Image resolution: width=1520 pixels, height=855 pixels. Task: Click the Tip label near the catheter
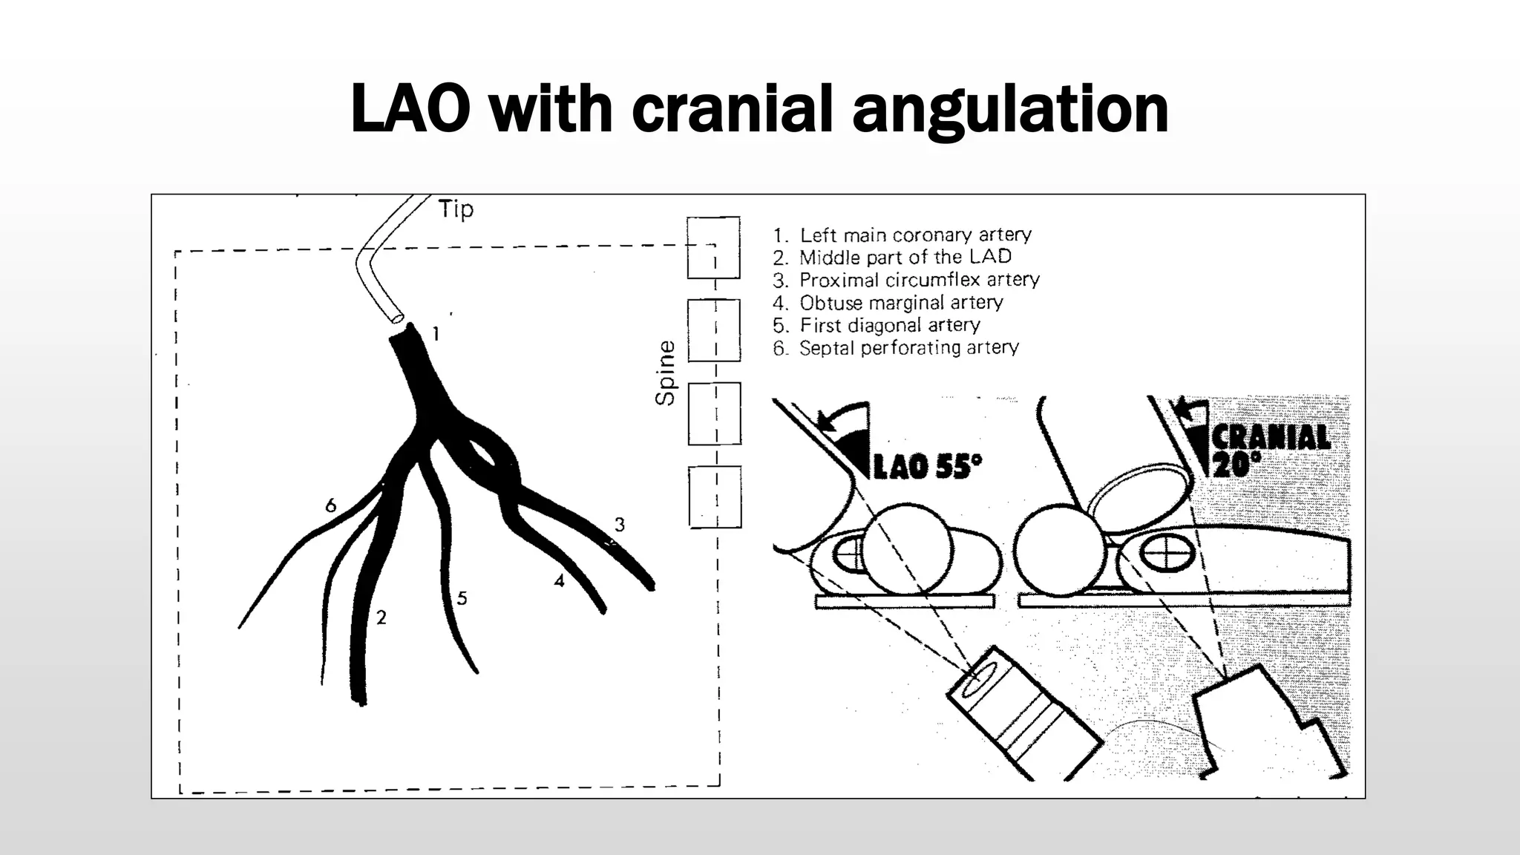tap(455, 209)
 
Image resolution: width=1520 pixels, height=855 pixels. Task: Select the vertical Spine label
tap(666, 373)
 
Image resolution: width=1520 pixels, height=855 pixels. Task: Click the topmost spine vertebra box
tap(713, 247)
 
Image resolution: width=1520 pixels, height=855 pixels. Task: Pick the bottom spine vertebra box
tap(714, 497)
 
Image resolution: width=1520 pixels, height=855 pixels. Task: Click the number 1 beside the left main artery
tap(436, 334)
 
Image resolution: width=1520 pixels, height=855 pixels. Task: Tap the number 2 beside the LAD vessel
tap(381, 617)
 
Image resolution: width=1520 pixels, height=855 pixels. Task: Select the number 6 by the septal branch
tap(331, 506)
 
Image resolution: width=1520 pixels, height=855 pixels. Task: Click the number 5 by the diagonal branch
tap(462, 598)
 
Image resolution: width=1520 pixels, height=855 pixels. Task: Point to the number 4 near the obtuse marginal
tap(559, 581)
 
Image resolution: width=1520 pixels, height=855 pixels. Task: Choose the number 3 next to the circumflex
tap(620, 525)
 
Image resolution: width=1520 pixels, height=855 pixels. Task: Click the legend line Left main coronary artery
tap(902, 235)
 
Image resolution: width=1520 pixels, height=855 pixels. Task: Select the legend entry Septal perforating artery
tap(895, 348)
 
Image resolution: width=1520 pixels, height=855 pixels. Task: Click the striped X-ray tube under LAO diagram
tap(1023, 712)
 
